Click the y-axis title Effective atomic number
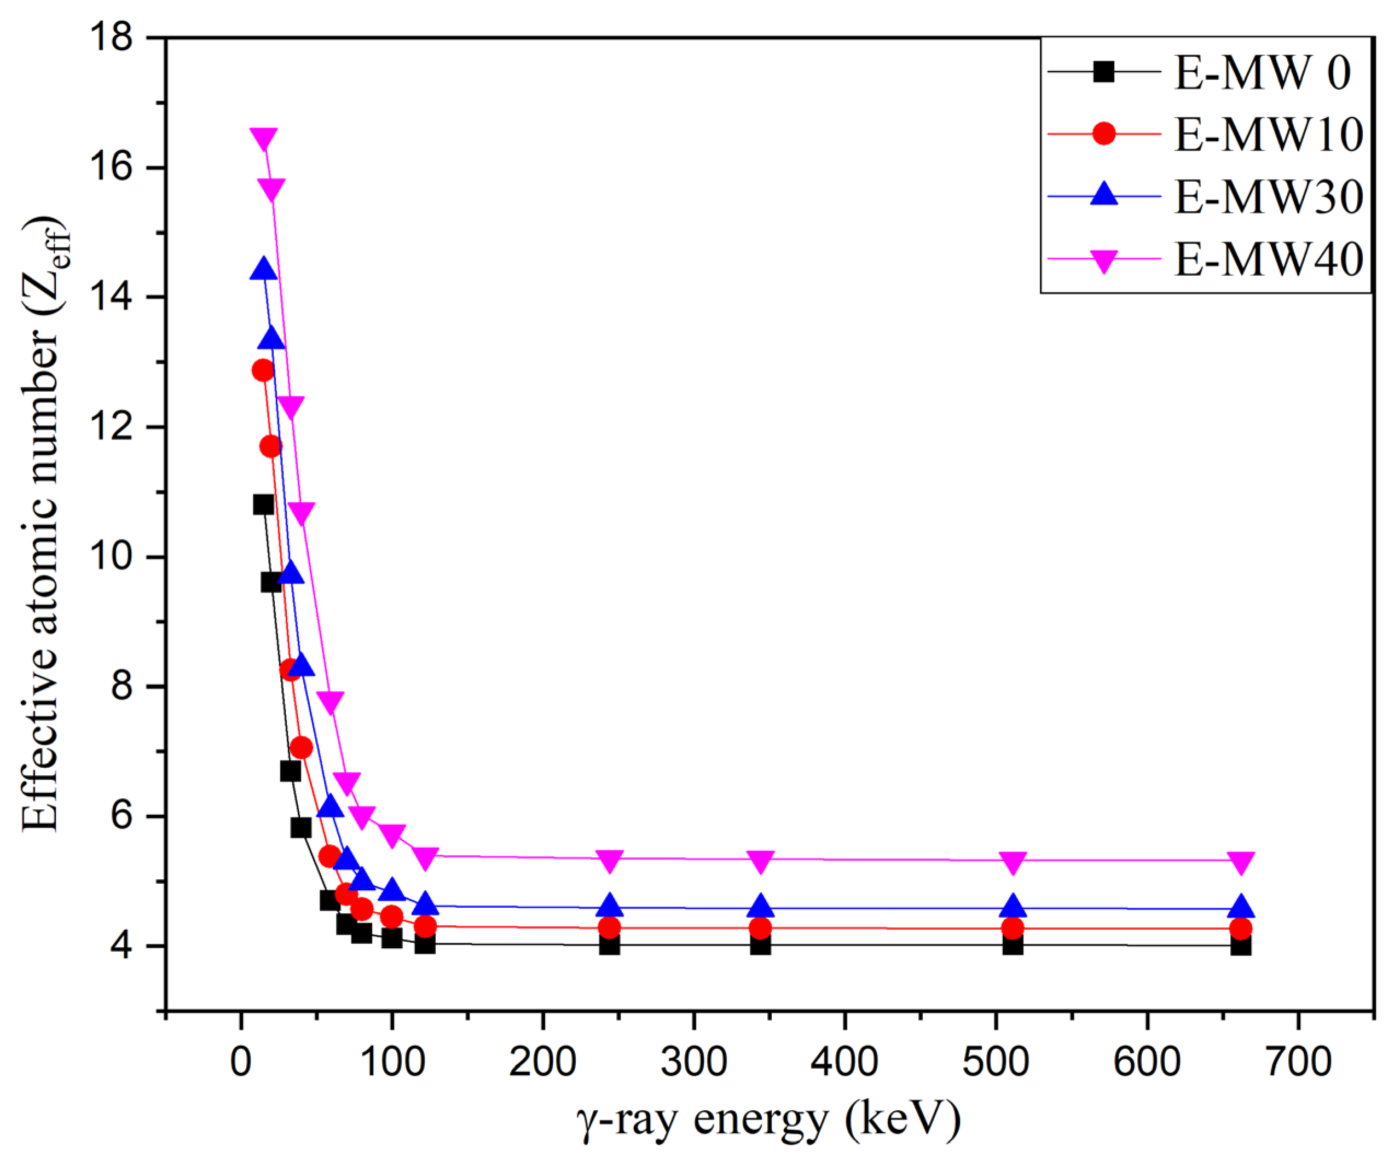click(x=42, y=523)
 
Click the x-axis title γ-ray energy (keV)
click(x=768, y=1120)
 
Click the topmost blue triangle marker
click(x=264, y=269)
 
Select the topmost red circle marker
click(x=263, y=370)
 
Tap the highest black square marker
click(x=263, y=504)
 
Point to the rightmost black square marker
click(x=1241, y=946)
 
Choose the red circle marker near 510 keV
click(x=1013, y=928)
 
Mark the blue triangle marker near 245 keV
click(x=609, y=906)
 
